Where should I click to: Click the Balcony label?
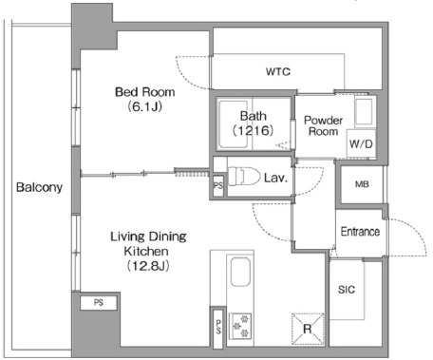[39, 187]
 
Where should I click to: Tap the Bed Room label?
[145, 92]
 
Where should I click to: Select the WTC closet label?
[278, 71]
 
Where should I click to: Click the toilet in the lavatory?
[244, 176]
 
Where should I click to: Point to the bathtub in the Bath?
[234, 124]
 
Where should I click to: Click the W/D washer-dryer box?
[361, 143]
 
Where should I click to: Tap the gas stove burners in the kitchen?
[240, 325]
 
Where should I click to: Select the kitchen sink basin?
[240, 272]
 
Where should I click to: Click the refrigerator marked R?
[308, 329]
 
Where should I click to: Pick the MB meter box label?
[362, 184]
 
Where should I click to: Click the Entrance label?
[360, 232]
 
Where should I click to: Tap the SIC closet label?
[347, 290]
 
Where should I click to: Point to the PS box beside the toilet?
[218, 185]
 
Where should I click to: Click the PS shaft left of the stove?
[218, 328]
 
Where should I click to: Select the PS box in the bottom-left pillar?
[99, 302]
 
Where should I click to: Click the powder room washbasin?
[364, 112]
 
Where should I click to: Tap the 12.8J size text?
[148, 266]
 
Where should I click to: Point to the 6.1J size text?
[145, 106]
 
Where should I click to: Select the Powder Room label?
[323, 125]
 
